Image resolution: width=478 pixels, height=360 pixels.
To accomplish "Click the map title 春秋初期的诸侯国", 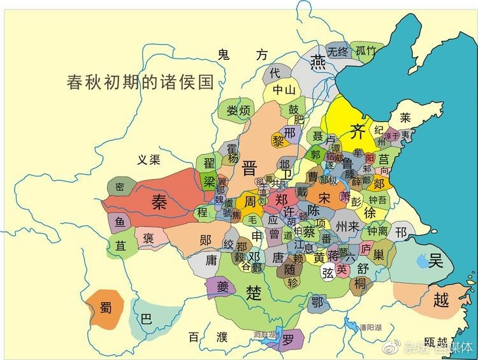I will [140, 82].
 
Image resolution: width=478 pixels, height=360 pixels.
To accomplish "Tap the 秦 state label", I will [158, 201].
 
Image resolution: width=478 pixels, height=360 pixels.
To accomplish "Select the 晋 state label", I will [249, 169].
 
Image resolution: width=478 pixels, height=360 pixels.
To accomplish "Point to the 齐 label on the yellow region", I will [358, 133].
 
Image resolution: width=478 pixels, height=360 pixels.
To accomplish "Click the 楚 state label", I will [254, 292].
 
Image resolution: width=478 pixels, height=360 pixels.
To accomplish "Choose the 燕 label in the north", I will [317, 61].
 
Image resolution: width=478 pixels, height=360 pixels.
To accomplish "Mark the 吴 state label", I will [435, 260].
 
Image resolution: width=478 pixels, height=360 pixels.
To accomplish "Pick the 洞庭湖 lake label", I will [264, 334].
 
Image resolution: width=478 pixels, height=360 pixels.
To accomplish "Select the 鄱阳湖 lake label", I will [370, 327].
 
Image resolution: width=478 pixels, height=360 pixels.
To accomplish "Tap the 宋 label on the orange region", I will [324, 198].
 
